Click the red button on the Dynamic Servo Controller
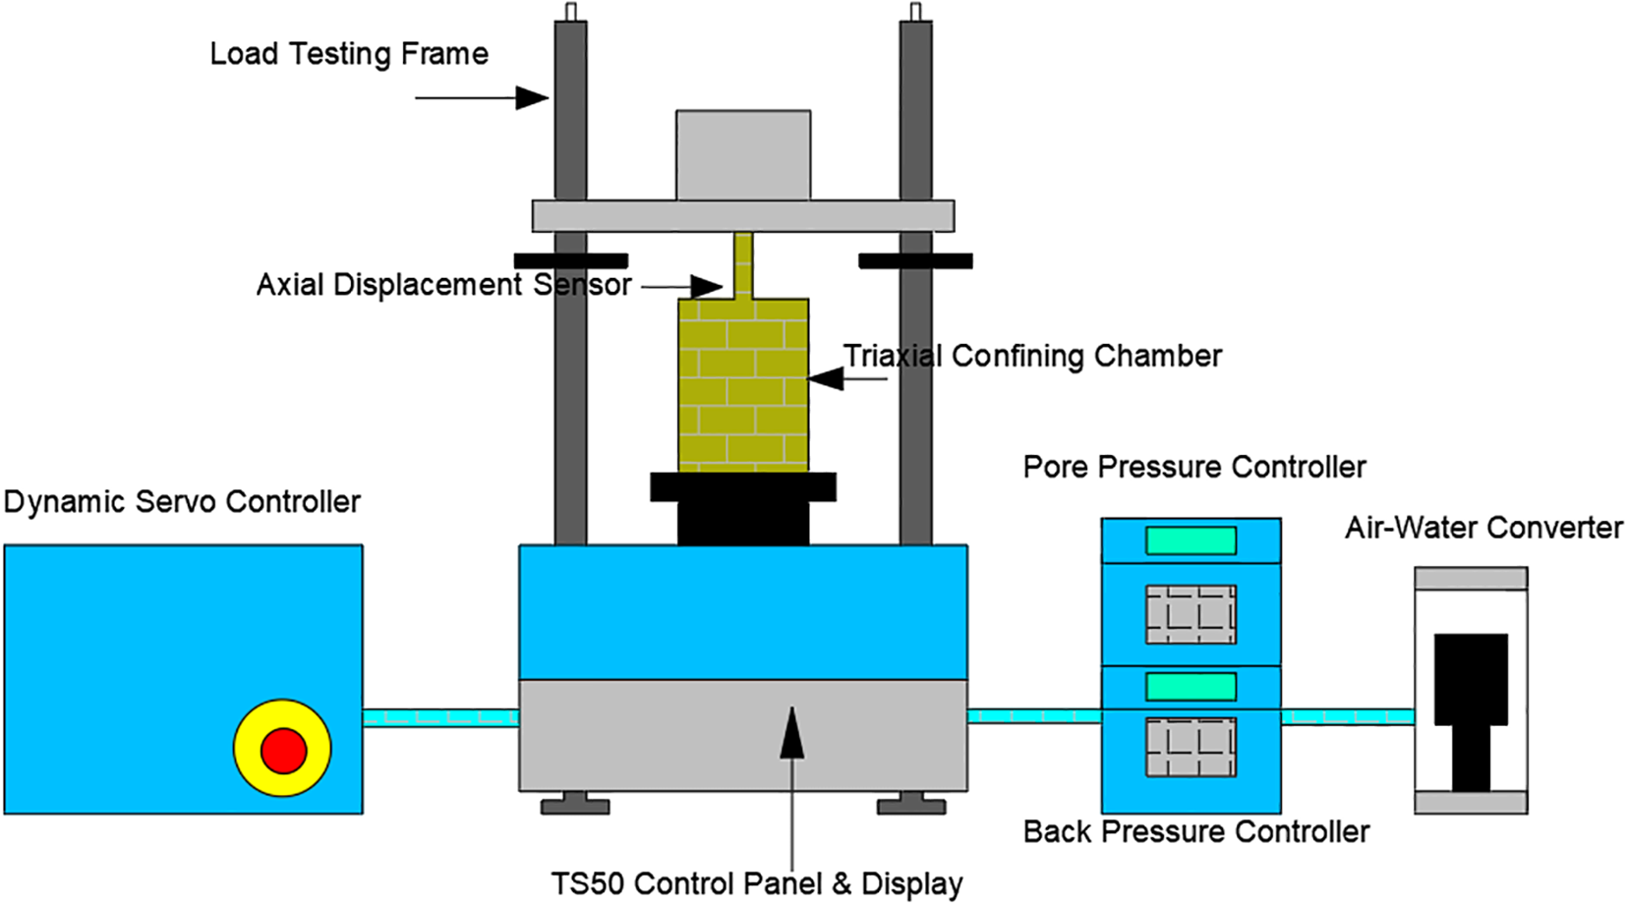click(x=283, y=751)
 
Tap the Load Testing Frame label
click(x=349, y=54)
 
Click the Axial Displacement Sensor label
click(x=443, y=285)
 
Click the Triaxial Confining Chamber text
click(x=1032, y=356)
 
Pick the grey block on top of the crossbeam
click(x=743, y=155)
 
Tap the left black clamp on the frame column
click(x=570, y=261)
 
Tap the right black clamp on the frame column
click(x=915, y=261)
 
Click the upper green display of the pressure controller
click(x=1190, y=540)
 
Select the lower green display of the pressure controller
click(x=1190, y=686)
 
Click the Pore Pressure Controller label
click(x=1194, y=467)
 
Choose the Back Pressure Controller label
click(x=1196, y=832)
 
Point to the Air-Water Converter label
click(x=1483, y=529)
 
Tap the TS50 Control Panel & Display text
click(x=757, y=883)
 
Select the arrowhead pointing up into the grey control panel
click(x=791, y=734)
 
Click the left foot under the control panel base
click(x=575, y=805)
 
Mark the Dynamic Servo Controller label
click(x=182, y=502)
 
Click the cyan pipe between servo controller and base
click(x=440, y=717)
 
